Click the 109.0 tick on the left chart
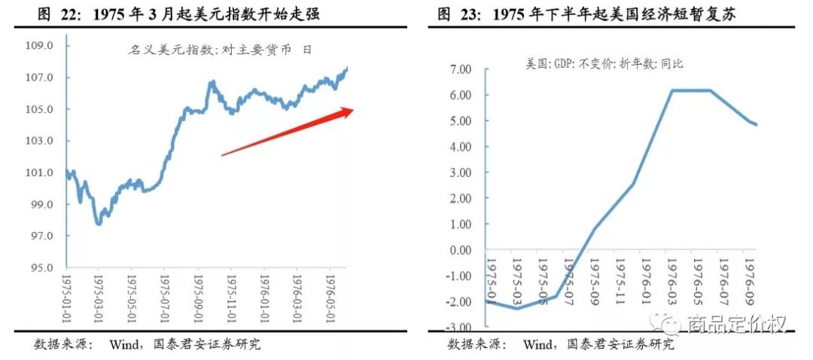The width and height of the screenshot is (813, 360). click(x=41, y=46)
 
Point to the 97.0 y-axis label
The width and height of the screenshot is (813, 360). click(x=41, y=236)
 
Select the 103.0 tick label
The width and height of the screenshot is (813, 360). click(x=41, y=142)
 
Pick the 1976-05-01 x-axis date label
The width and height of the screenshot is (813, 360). click(x=329, y=301)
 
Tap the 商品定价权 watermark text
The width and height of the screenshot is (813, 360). click(x=737, y=325)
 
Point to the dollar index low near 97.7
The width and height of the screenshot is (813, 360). click(x=99, y=224)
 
